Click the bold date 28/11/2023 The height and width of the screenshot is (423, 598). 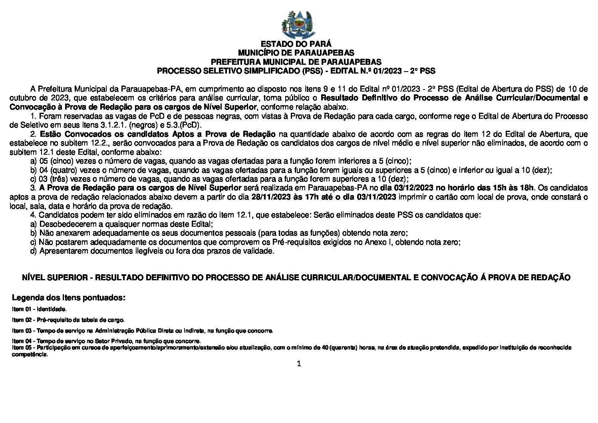click(x=268, y=197)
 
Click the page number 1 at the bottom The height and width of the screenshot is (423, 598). click(x=298, y=363)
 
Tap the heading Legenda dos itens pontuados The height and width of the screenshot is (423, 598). click(x=69, y=298)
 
